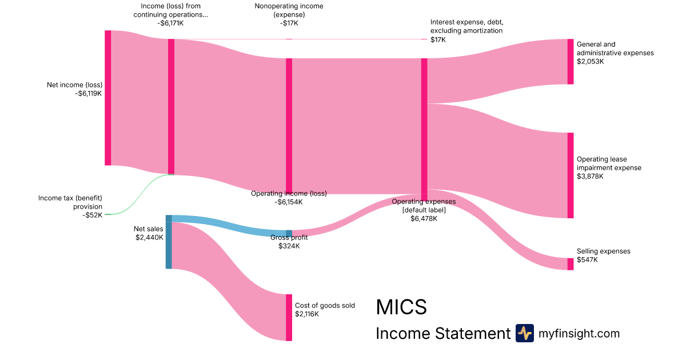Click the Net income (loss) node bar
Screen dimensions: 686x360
pos(107,98)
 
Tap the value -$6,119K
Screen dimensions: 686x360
pos(89,94)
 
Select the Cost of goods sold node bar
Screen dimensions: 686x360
pos(289,318)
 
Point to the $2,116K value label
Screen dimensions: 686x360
pos(307,314)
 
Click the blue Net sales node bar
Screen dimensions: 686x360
pos(169,242)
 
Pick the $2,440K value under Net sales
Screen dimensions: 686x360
pos(149,237)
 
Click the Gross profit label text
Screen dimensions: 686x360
pos(289,238)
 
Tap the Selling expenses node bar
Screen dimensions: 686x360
pos(570,264)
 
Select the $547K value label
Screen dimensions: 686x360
pos(587,259)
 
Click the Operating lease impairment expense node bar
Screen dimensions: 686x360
pos(570,175)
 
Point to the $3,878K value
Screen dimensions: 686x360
pos(590,176)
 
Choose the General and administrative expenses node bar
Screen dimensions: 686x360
pos(570,62)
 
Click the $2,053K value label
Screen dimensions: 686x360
pos(590,61)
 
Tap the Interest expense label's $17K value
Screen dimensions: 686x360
pos(438,39)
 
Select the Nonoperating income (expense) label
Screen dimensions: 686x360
pos(289,10)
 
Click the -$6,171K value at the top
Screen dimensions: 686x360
pos(170,23)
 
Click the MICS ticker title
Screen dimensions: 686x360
pos(401,307)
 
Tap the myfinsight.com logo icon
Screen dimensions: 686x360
pos(524,333)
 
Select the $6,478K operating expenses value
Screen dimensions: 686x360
pos(424,218)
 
